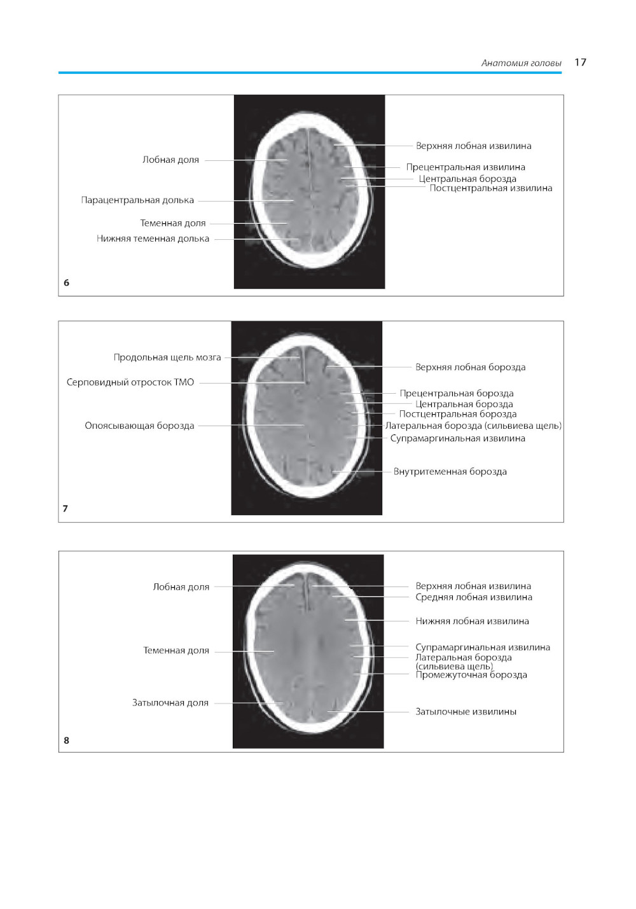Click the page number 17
580,62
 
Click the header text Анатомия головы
521,63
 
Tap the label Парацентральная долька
137,200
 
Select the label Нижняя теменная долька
153,239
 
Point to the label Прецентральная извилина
466,167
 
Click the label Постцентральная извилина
490,188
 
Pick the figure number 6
66,282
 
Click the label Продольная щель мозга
167,357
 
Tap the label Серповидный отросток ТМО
130,382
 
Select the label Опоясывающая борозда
139,426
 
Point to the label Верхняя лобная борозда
470,367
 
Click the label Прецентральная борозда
456,393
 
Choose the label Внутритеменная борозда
450,471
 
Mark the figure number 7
66,508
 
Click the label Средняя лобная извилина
474,597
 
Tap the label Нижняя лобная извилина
472,621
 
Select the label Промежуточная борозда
471,676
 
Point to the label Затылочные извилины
466,712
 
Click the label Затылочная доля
170,703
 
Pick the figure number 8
66,740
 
